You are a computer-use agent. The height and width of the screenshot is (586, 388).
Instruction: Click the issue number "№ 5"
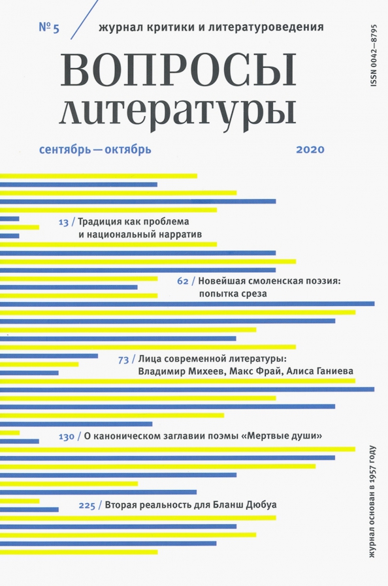pyautogui.click(x=49, y=28)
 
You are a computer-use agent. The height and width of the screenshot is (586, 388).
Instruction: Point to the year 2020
pyautogui.click(x=310, y=149)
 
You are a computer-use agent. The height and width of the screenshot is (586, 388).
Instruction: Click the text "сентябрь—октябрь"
pyautogui.click(x=95, y=149)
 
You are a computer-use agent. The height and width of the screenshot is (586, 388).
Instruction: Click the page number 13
pyautogui.click(x=64, y=223)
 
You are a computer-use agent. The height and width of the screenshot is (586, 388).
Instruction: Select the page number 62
pyautogui.click(x=183, y=281)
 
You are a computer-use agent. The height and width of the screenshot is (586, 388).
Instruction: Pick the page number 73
pyautogui.click(x=123, y=360)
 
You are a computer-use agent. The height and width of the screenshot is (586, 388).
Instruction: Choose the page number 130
pyautogui.click(x=67, y=437)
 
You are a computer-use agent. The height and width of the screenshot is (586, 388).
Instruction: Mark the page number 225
pyautogui.click(x=87, y=506)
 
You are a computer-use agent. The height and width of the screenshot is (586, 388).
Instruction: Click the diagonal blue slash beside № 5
pyautogui.click(x=84, y=20)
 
